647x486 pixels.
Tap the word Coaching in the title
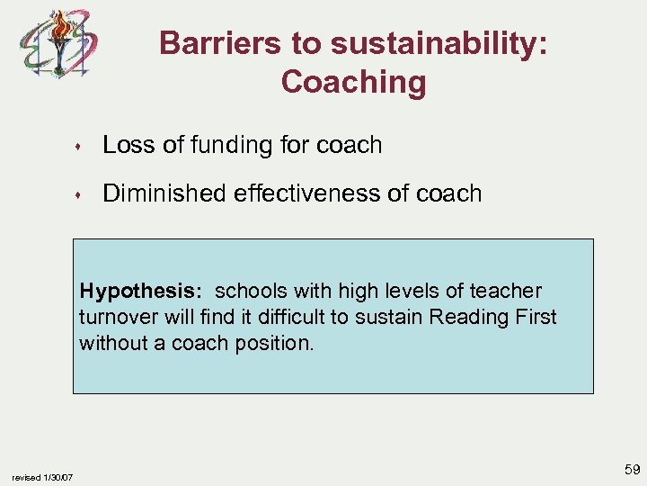coord(353,82)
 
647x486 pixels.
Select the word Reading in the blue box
coord(463,318)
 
